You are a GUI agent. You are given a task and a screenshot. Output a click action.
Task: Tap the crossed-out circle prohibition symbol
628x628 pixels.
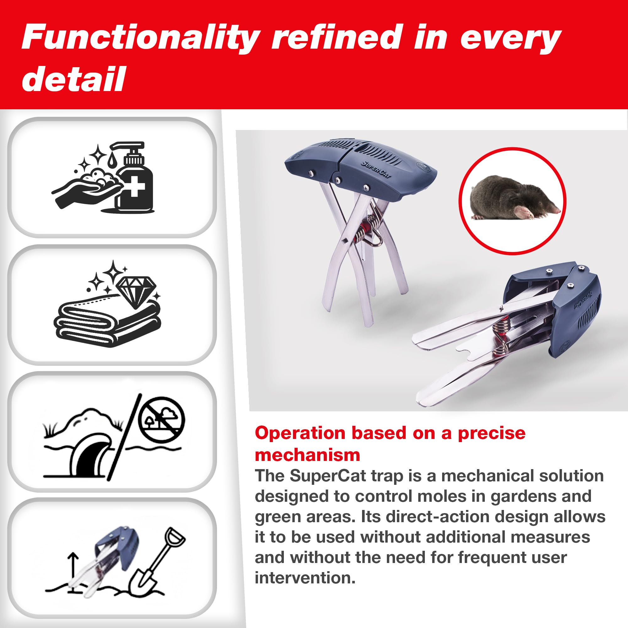[x=161, y=420]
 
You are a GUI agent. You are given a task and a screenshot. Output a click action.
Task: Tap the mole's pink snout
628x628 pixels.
[x=556, y=210]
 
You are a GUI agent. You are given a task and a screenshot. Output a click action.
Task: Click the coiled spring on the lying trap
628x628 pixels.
[x=501, y=337]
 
